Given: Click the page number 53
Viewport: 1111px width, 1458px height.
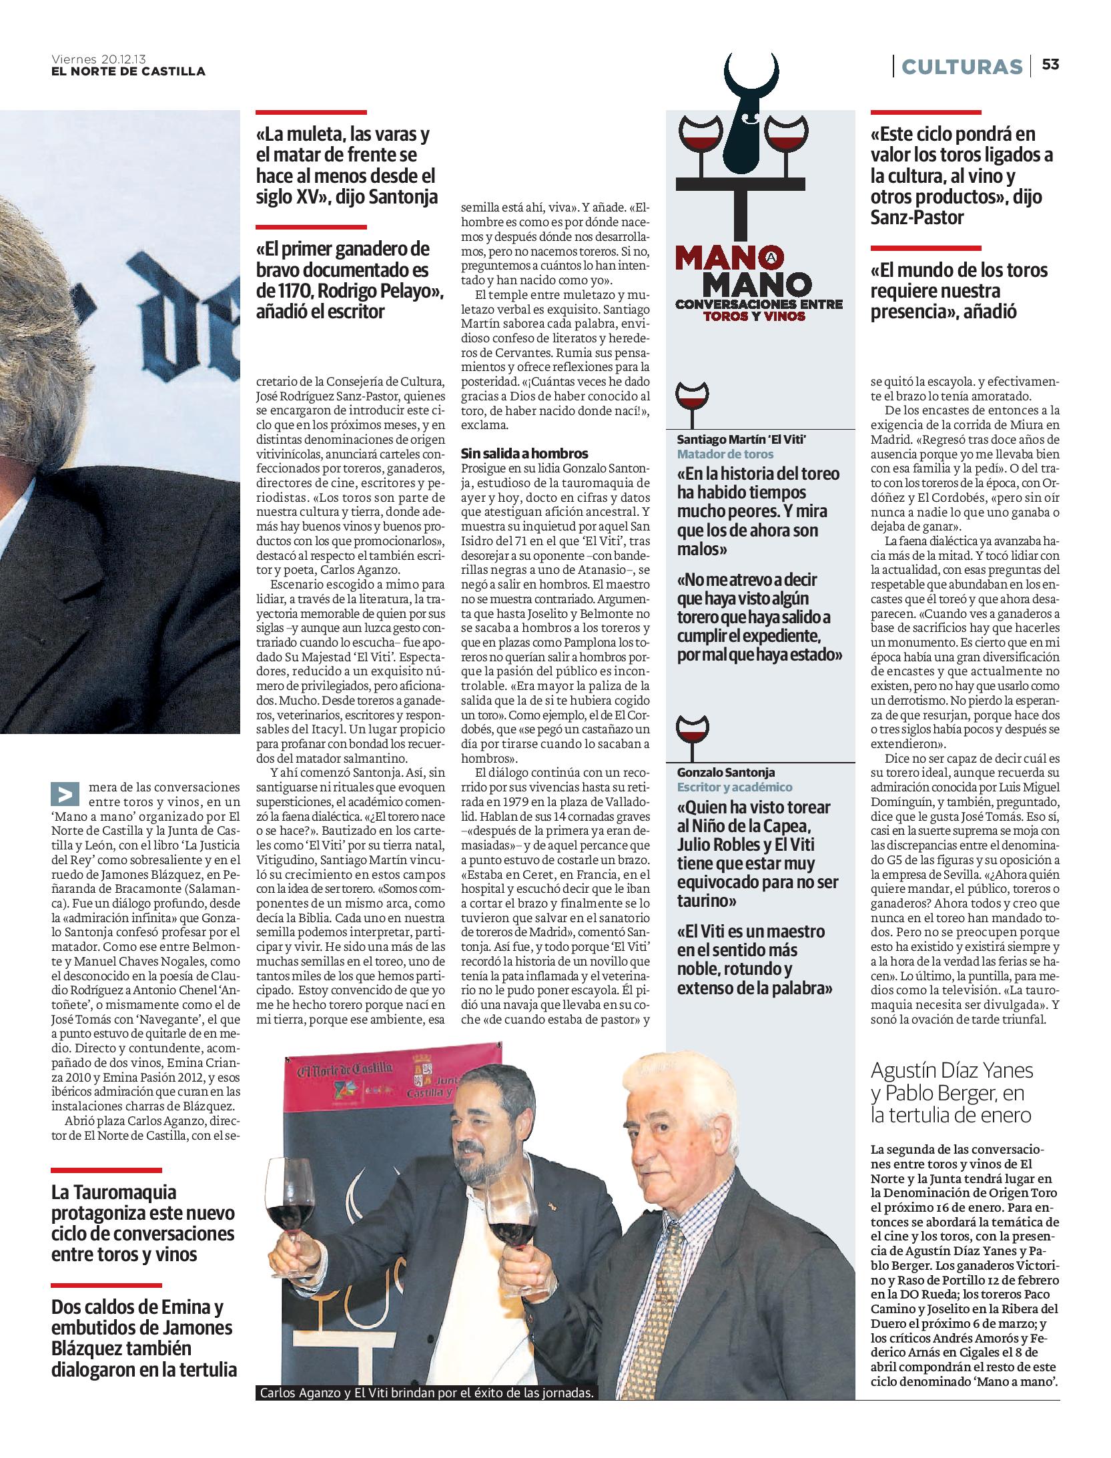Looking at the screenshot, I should click(x=1050, y=65).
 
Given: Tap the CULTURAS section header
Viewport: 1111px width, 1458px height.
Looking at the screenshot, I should click(x=962, y=67).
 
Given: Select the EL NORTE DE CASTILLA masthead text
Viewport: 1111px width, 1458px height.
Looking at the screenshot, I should click(x=128, y=71).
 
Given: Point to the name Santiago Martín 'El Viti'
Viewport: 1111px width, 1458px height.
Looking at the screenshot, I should click(x=742, y=439).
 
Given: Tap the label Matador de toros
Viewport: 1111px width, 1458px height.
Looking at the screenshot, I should click(x=725, y=454).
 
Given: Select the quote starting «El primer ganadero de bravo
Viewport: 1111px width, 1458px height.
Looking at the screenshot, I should click(x=350, y=280).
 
